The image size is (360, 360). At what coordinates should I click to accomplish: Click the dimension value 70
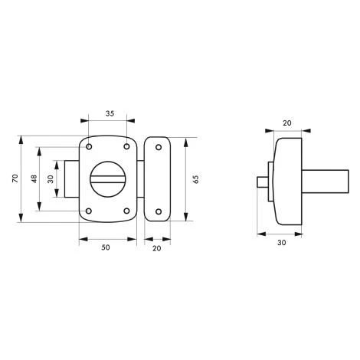[x=15, y=178]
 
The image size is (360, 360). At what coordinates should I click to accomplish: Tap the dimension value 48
[x=34, y=178]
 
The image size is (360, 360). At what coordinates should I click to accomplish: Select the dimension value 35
[x=110, y=113]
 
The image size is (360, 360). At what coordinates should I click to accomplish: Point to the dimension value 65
[x=196, y=179]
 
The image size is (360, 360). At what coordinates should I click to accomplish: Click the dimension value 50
[x=106, y=247]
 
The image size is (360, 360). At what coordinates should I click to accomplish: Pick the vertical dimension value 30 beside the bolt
[x=51, y=178]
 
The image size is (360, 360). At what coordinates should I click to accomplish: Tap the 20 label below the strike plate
[x=157, y=248]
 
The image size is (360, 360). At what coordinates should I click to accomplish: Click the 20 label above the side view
[x=287, y=123]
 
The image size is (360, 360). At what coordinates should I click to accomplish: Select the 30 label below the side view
[x=282, y=243]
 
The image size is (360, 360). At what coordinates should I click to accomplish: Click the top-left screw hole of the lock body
[x=89, y=147]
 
